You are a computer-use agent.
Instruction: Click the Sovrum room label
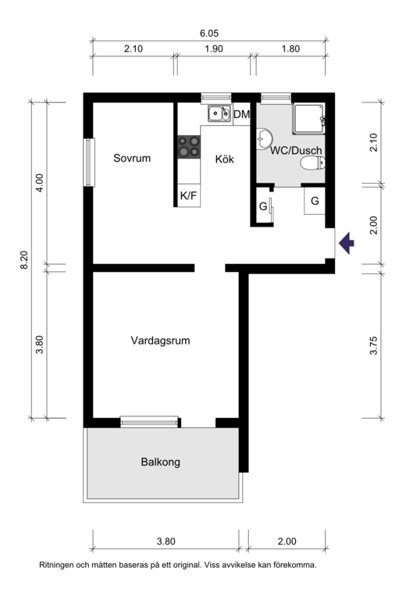(x=132, y=158)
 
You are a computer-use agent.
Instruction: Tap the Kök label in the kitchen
(x=224, y=159)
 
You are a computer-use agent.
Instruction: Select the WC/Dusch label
(x=296, y=150)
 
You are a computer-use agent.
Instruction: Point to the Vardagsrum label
(x=160, y=341)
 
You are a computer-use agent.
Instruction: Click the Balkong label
(x=161, y=462)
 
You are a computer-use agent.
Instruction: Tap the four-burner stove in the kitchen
(x=189, y=147)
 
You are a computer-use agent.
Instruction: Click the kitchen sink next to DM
(x=219, y=113)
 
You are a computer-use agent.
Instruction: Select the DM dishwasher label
(x=241, y=114)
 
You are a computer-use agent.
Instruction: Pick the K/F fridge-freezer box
(x=189, y=195)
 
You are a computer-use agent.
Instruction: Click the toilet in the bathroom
(x=312, y=163)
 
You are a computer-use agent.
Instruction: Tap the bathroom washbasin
(x=264, y=138)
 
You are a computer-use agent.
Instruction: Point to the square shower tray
(x=308, y=118)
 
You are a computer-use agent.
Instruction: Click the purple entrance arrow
(x=347, y=243)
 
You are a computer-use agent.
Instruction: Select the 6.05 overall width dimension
(x=209, y=34)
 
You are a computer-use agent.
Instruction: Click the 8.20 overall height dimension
(x=24, y=260)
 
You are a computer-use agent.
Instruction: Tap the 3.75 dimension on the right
(x=373, y=345)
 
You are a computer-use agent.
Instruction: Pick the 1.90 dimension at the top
(x=214, y=49)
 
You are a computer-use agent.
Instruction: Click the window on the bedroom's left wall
(x=90, y=162)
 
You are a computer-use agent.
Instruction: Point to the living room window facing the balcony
(x=149, y=422)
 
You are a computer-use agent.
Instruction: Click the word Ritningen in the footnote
(x=55, y=565)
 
